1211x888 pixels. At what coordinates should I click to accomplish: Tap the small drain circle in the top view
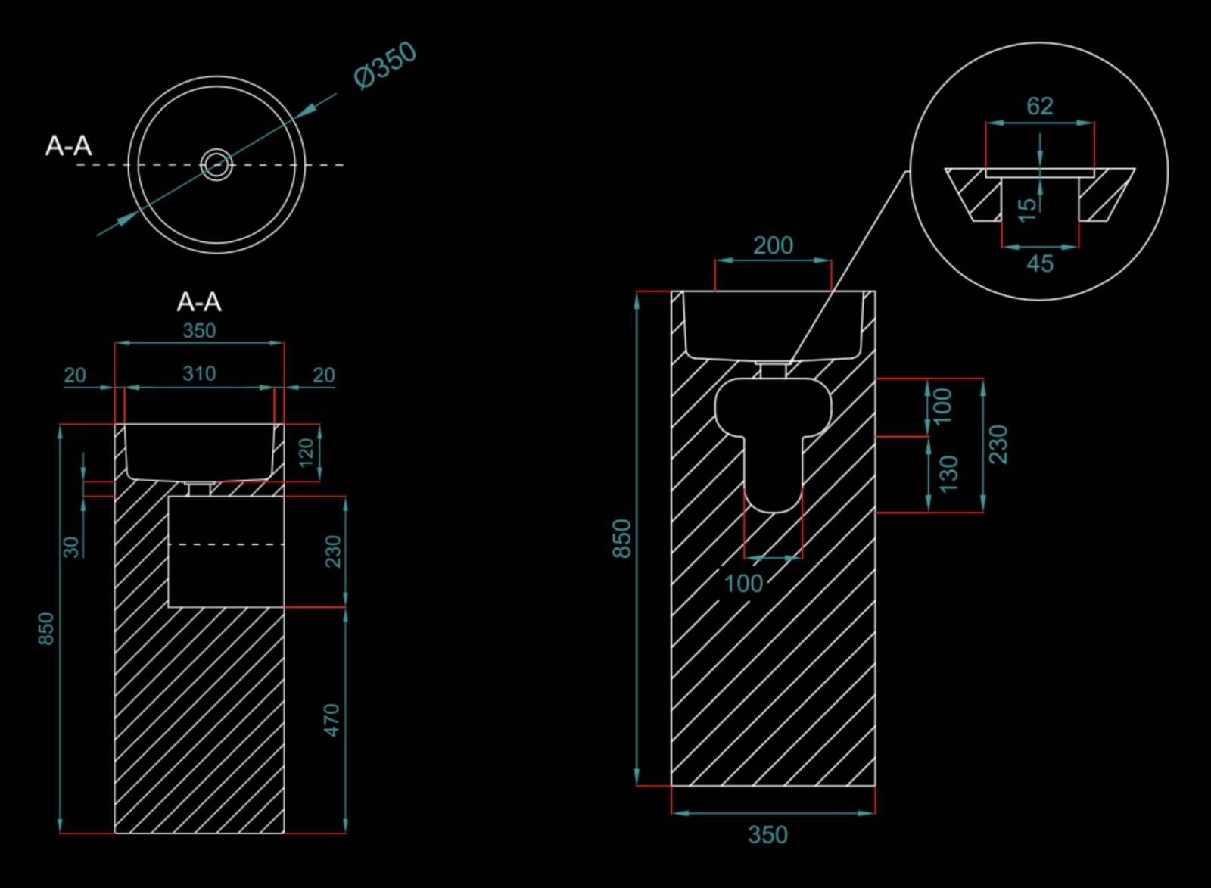tap(216, 164)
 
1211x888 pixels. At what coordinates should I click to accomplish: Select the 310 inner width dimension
tap(199, 373)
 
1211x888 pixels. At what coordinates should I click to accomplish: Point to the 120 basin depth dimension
tap(306, 452)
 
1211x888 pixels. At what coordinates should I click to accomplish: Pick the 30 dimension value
tap(71, 547)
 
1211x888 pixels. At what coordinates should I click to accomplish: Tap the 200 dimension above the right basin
tap(773, 245)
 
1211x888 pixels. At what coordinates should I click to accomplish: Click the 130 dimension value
tap(948, 474)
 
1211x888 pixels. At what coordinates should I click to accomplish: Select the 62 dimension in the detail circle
tap(1039, 106)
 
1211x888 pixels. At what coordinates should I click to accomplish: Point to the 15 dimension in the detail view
tap(1027, 209)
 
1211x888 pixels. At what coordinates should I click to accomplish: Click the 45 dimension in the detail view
tap(1040, 264)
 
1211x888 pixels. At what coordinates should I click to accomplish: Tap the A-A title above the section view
tap(199, 302)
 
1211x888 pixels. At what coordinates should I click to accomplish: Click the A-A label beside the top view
tap(68, 145)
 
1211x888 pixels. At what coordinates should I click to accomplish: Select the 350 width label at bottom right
tap(767, 834)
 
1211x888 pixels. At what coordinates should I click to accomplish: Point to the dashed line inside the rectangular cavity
tap(226, 544)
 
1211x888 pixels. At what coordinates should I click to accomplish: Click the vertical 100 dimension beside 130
tap(942, 407)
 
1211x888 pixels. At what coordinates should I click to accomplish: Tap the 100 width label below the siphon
tap(743, 583)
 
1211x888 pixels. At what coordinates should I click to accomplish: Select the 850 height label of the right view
tap(621, 538)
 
